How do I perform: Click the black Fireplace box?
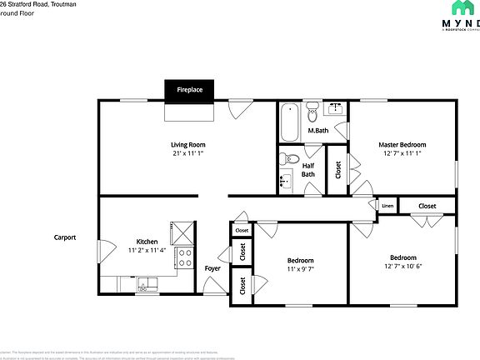click(189, 90)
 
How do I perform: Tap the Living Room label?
click(188, 144)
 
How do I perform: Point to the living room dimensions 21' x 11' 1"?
click(188, 153)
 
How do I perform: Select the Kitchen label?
click(147, 241)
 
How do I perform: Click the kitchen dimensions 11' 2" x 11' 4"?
click(147, 250)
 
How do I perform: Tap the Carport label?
click(65, 237)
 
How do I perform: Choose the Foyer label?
click(212, 268)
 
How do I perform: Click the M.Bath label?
click(317, 131)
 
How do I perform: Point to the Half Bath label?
click(307, 169)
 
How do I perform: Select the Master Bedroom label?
click(402, 144)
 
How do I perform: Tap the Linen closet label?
click(387, 205)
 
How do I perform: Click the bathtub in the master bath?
click(290, 122)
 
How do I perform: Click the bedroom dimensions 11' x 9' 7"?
click(300, 270)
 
